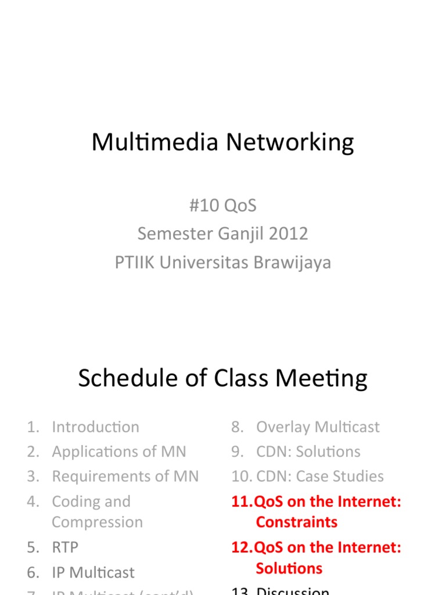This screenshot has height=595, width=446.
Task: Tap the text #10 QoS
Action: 222,206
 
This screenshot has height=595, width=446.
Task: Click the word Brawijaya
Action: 292,263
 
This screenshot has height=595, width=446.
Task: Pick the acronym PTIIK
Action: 135,263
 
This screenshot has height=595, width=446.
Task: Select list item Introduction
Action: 95,427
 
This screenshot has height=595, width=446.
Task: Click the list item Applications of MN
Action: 119,451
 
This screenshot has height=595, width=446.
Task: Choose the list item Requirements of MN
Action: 125,476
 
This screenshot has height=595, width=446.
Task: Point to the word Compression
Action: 97,522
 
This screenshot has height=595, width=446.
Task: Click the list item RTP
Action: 65,547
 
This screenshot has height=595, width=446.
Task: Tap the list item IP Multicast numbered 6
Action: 93,572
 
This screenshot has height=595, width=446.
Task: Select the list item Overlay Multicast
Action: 318,427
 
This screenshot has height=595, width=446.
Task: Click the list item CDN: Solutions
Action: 308,451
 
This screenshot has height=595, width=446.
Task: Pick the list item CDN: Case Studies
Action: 319,476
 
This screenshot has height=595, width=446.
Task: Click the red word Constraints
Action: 296,522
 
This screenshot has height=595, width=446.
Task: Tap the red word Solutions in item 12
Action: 289,568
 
